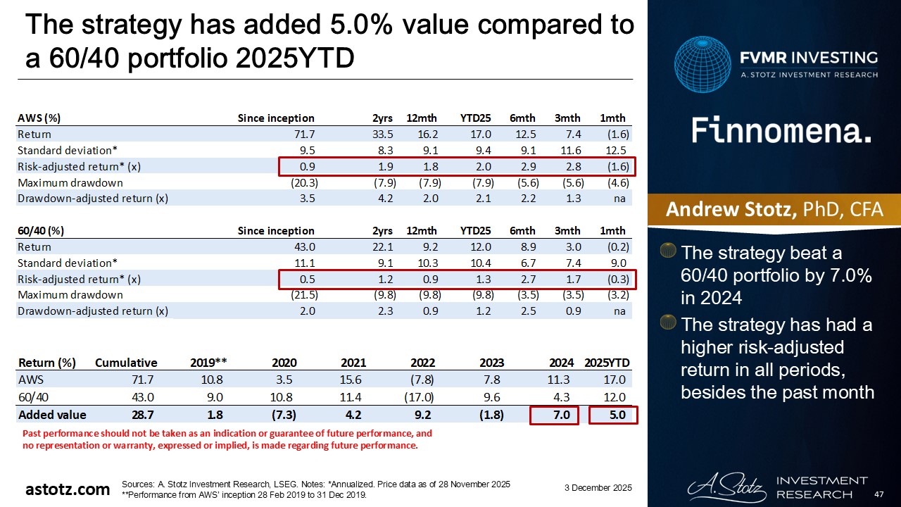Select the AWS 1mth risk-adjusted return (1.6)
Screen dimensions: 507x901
[617, 166]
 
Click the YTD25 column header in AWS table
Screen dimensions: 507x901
[474, 118]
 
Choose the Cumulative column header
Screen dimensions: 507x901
[127, 363]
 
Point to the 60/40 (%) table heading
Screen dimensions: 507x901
[41, 230]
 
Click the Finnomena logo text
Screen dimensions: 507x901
[781, 131]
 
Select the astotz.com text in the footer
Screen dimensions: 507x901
[68, 489]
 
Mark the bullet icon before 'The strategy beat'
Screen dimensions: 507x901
[669, 251]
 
